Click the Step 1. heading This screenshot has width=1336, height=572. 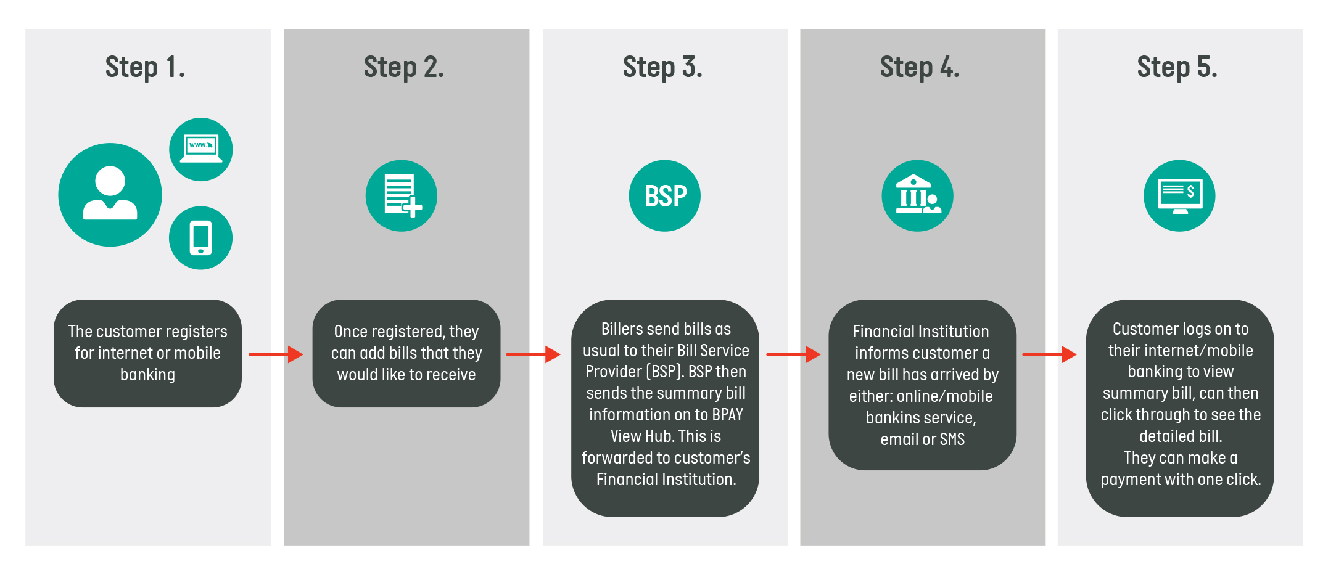[x=145, y=67]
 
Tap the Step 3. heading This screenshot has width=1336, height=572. [x=662, y=67]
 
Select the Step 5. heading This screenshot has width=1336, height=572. [x=1177, y=67]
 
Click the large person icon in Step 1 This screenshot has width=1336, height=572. [x=110, y=195]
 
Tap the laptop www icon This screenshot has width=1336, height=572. [x=201, y=149]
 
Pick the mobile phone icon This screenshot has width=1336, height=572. [x=201, y=238]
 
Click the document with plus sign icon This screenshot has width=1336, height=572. [x=402, y=196]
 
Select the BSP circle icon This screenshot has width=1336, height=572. [x=665, y=196]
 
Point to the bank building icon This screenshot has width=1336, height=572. [x=917, y=196]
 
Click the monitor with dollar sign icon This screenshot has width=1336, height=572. [x=1179, y=196]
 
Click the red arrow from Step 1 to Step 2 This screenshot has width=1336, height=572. [x=276, y=354]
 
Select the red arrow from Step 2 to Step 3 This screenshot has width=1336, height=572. [x=533, y=354]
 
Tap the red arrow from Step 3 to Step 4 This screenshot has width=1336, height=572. [x=793, y=354]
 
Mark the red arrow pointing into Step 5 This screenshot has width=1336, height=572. [x=1049, y=354]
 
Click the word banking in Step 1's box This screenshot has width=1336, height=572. [x=147, y=375]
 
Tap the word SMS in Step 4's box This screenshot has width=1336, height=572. [x=952, y=439]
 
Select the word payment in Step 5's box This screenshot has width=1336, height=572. [x=1130, y=480]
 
